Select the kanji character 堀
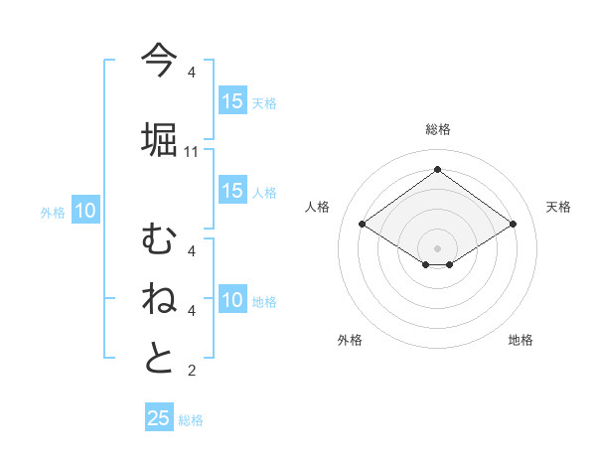pos(159,138)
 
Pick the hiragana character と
pos(159,358)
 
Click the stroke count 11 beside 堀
pos(192,151)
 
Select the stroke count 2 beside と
pos(192,371)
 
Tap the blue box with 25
pos(159,418)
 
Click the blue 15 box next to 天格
pos(232,100)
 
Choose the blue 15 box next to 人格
pos(232,191)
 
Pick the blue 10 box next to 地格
pos(232,300)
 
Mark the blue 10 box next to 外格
pos(85,211)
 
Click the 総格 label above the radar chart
pos(438,129)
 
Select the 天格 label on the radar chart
pos(558,207)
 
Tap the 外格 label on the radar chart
pos(350,341)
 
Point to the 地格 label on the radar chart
pos(521,341)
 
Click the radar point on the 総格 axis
pos(437,170)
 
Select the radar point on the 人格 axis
pos(362,224)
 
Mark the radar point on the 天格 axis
pos(513,224)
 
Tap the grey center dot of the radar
pos(437,247)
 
